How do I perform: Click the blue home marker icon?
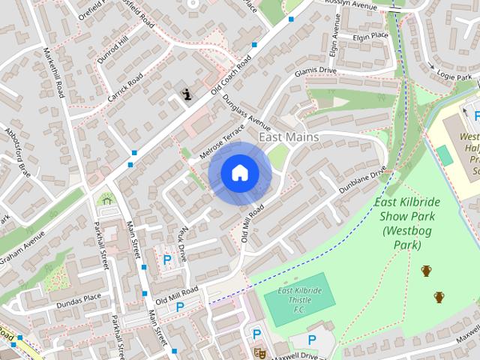239,173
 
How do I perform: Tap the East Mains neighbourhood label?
289,137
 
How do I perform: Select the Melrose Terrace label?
222,141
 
